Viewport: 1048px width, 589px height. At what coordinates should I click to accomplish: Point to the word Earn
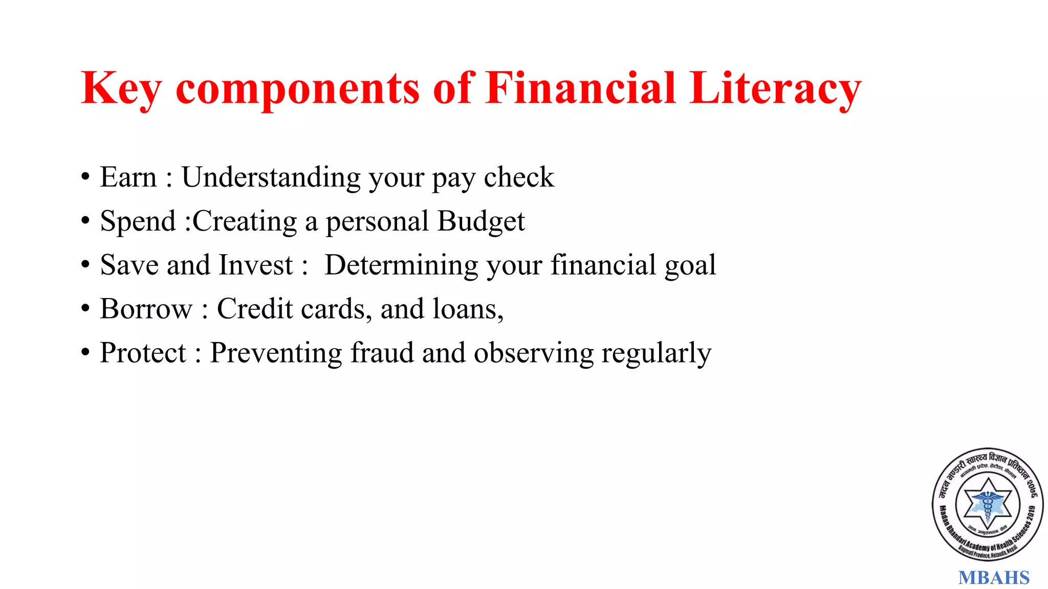coord(128,177)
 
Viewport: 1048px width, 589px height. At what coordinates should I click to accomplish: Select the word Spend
coord(138,221)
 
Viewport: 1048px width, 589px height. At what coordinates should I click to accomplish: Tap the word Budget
coord(481,221)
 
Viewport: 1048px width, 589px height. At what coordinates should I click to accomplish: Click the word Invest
coord(256,265)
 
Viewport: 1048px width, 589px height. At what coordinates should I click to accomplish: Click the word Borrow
coord(146,309)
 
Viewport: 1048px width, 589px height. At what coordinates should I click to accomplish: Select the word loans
coord(468,309)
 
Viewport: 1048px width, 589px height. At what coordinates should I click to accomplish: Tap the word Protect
coord(143,353)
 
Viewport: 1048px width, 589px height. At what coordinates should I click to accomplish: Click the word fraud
coord(382,353)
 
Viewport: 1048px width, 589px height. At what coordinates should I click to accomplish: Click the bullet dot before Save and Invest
coord(85,265)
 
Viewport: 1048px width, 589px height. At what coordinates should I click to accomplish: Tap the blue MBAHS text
coord(993,578)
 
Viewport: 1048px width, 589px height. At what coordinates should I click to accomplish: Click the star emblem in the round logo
coord(988,504)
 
